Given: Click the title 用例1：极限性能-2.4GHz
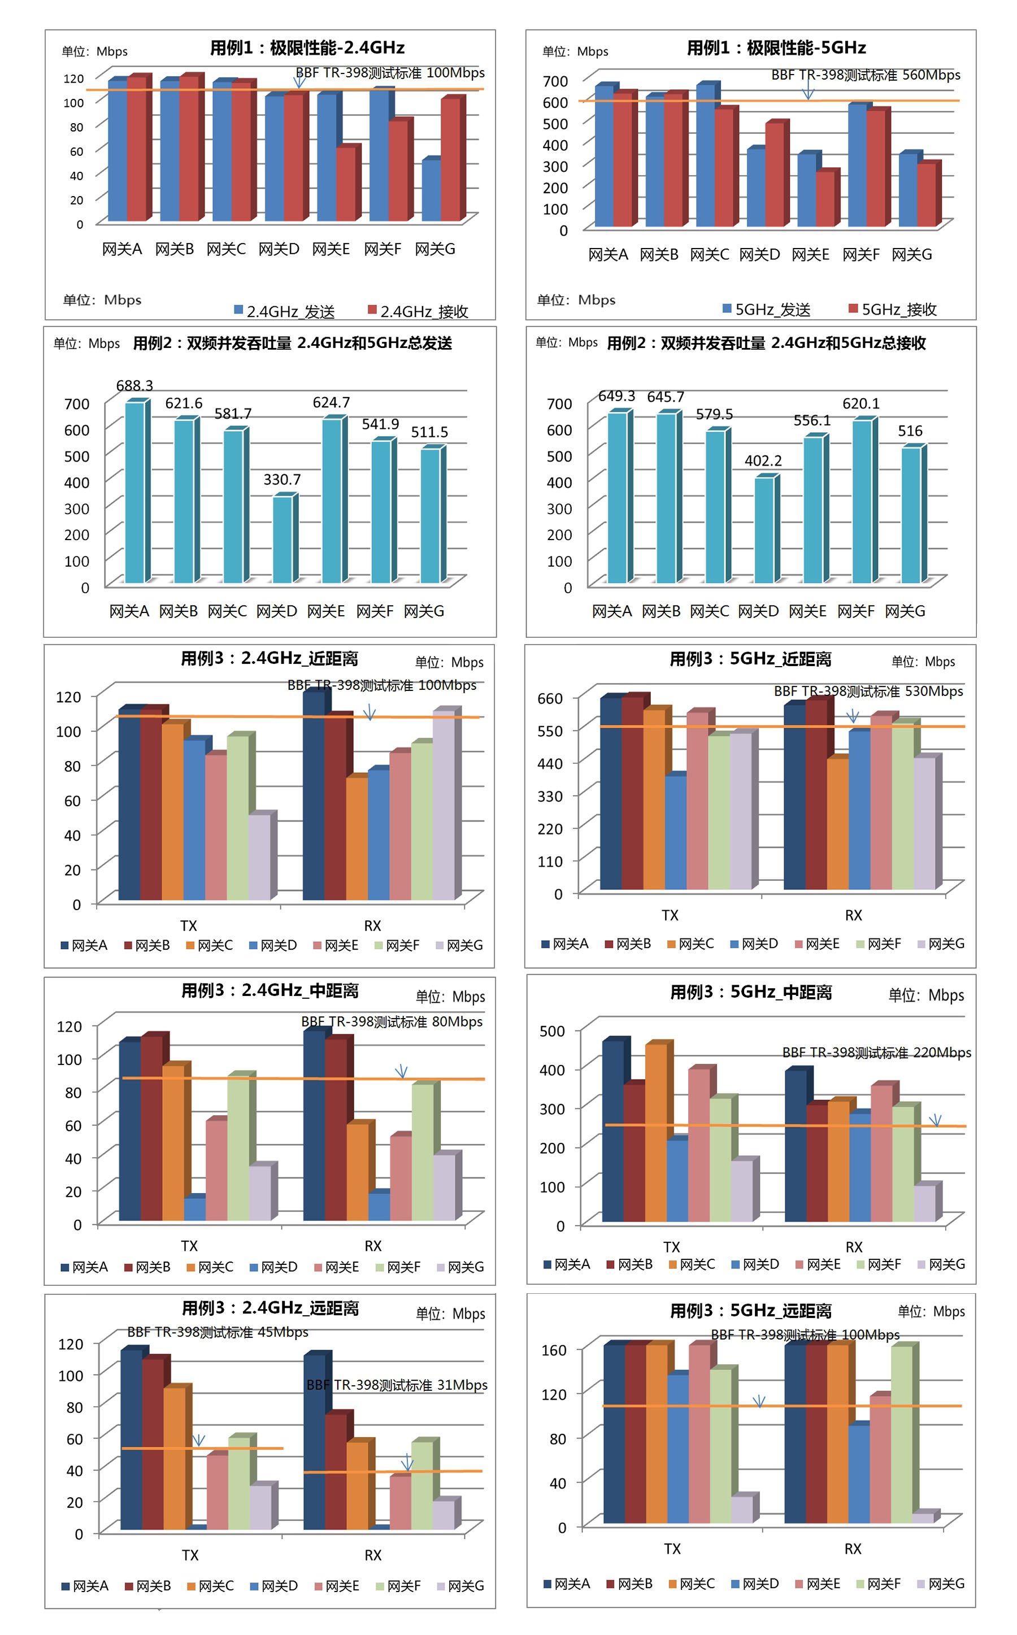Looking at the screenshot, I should coord(307,48).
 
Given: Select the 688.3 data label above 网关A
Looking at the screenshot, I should coord(134,385).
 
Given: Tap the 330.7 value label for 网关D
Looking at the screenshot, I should coord(282,480).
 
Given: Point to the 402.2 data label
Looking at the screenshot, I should coord(763,460).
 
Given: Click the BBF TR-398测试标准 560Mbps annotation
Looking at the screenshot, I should coord(865,75).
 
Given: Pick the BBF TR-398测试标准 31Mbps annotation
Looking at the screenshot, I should coord(397,1385).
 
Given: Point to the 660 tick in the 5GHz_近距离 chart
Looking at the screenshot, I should coord(550,699).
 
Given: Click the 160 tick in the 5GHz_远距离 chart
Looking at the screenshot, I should coord(554,1350).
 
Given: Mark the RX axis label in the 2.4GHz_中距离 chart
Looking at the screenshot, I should coord(373,1246).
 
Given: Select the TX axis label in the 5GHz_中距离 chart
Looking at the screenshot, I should coord(671,1247).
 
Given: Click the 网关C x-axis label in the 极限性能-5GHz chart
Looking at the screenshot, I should coord(709,255).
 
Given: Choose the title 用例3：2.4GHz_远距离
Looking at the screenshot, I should coord(271,1308).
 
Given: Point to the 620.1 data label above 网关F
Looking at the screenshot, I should coord(861,403).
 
